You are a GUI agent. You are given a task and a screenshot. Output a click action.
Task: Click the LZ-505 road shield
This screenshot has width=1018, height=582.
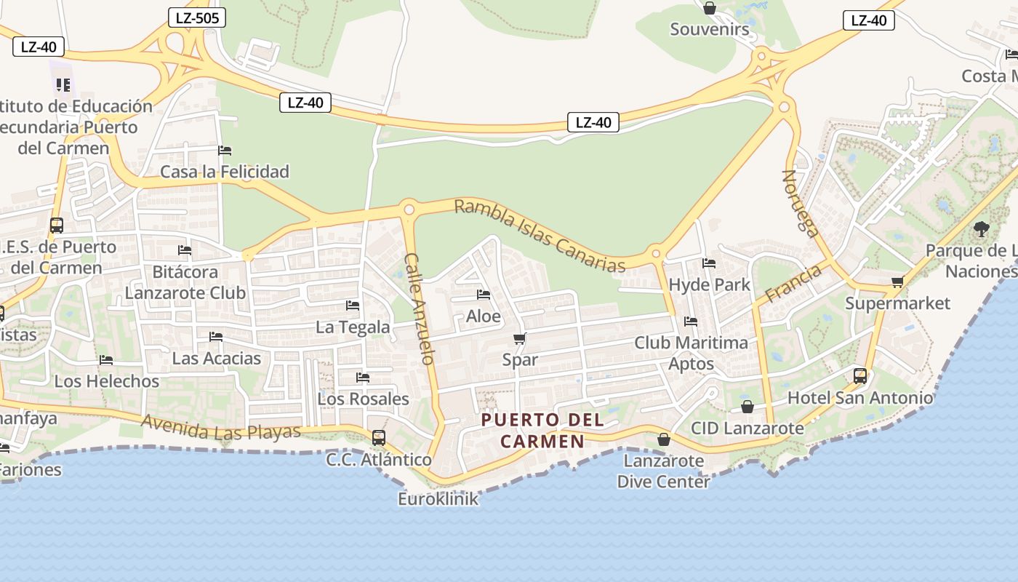coord(196,17)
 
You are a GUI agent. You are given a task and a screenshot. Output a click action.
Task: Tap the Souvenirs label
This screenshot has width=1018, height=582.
coord(709,29)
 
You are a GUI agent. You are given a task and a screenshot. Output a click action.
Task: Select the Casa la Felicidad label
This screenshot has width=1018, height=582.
coord(225,172)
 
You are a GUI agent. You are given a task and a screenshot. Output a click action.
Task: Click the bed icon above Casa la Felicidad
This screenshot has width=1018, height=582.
coord(225,151)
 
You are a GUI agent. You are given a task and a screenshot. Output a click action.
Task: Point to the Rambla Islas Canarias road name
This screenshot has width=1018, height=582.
coord(540,236)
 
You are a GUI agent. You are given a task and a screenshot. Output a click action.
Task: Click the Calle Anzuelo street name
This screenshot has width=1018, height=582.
coord(420,308)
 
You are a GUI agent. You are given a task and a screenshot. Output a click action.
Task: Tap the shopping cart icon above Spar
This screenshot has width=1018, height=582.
coord(519,338)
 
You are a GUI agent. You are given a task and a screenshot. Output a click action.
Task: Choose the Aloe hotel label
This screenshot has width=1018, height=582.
coord(484,316)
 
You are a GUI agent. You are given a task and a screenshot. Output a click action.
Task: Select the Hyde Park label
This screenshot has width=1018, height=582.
coord(709,284)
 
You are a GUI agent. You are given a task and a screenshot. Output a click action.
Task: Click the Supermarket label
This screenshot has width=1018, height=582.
coord(897,303)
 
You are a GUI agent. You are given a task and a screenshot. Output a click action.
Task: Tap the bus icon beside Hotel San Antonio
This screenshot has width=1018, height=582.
coord(860,376)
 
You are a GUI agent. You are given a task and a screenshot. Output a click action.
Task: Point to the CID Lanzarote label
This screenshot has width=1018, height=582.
coord(748,428)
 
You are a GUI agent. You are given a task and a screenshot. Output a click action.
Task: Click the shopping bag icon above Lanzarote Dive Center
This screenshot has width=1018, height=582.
coord(663,439)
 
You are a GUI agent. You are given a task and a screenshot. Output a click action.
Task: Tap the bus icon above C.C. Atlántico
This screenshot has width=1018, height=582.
coord(378,438)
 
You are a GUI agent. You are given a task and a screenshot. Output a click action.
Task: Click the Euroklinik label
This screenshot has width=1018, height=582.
coord(438,499)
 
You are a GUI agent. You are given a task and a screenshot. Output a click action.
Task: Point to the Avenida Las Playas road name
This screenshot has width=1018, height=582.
coord(221,428)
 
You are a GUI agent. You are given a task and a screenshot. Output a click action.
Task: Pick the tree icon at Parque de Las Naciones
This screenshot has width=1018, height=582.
coord(981,230)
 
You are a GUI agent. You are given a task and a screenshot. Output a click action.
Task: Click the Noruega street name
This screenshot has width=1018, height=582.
coord(800,203)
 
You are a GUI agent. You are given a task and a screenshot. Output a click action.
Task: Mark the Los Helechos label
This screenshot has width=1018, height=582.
coord(107,381)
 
